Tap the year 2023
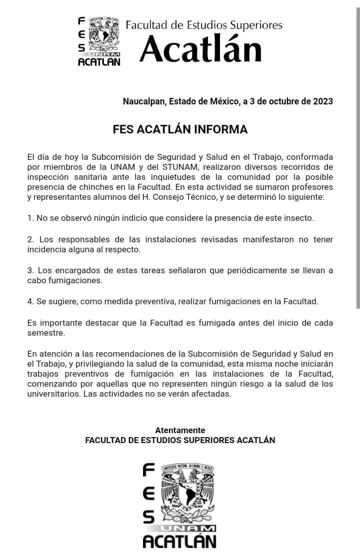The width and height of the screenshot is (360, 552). pyautogui.click(x=323, y=101)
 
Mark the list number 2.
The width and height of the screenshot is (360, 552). pyautogui.click(x=30, y=239)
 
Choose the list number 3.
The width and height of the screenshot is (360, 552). pyautogui.click(x=30, y=270)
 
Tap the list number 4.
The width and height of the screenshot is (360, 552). pyautogui.click(x=30, y=301)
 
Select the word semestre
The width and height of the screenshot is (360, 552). pyautogui.click(x=45, y=332)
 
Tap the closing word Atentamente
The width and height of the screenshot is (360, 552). pyautogui.click(x=180, y=430)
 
